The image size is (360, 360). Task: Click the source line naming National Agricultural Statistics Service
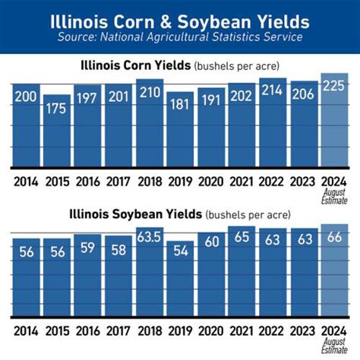pyautogui.click(x=180, y=36)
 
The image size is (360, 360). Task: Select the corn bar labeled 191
pyautogui.click(x=210, y=129)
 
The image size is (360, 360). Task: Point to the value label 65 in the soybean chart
pyautogui.click(x=242, y=238)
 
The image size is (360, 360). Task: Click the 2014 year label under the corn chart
pyautogui.click(x=25, y=182)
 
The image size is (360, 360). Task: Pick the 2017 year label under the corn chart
pyautogui.click(x=118, y=182)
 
